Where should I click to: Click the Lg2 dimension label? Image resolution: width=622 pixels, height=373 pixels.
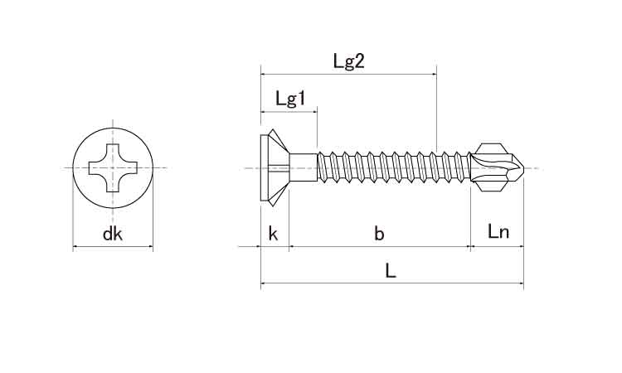pyautogui.click(x=348, y=61)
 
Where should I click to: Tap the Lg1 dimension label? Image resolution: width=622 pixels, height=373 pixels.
pyautogui.click(x=291, y=99)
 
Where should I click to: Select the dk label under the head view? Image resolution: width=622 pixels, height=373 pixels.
pyautogui.click(x=112, y=234)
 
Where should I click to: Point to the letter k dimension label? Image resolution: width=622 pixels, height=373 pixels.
pyautogui.click(x=273, y=234)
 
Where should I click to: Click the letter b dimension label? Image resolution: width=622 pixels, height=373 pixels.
pyautogui.click(x=379, y=234)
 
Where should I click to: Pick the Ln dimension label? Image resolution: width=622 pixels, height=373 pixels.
pyautogui.click(x=498, y=231)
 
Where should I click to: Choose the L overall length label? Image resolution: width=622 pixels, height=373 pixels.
pyautogui.click(x=391, y=271)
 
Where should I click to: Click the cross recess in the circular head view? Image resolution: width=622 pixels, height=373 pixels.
pyautogui.click(x=113, y=167)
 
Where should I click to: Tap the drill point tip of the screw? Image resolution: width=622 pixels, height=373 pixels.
pyautogui.click(x=523, y=169)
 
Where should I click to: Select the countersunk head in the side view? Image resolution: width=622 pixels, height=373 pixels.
pyautogui.click(x=275, y=168)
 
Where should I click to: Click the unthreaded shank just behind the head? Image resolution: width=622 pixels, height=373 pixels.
pyautogui.click(x=304, y=167)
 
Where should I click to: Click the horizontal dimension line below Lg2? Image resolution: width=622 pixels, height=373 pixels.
pyautogui.click(x=348, y=74)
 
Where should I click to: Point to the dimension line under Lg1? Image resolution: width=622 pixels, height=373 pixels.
pyautogui.click(x=289, y=112)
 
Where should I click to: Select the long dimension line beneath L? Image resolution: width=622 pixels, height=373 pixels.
pyautogui.click(x=392, y=283)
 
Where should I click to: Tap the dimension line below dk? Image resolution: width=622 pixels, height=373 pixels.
pyautogui.click(x=113, y=247)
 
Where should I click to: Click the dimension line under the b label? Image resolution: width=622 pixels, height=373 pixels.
pyautogui.click(x=380, y=246)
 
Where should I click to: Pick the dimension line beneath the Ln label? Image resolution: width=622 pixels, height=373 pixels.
pyautogui.click(x=497, y=246)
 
